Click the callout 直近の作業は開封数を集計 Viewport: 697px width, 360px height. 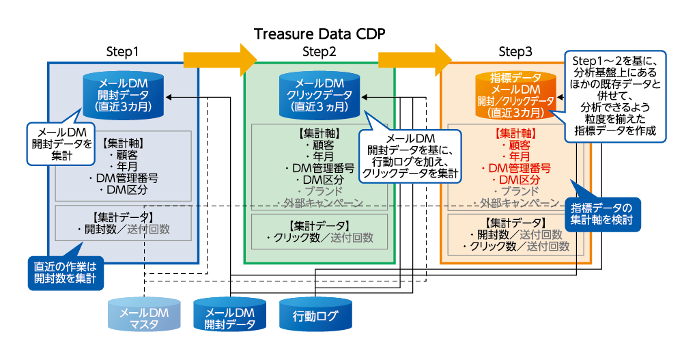[66, 271]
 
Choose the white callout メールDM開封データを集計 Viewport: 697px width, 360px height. [62, 143]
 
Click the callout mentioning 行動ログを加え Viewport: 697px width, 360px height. [410, 156]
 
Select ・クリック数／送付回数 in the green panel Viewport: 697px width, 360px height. [319, 238]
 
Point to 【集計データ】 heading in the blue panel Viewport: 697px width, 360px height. [124, 217]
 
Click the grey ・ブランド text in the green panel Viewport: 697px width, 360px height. [319, 191]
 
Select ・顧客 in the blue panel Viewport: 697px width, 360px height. [124, 155]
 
